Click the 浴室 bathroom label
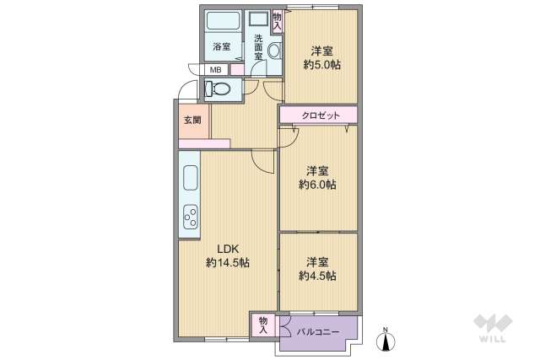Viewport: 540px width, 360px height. tap(221, 46)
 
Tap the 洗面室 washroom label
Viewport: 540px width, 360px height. tap(258, 47)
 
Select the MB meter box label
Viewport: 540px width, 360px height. tap(216, 70)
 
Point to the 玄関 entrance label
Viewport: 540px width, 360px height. tap(192, 121)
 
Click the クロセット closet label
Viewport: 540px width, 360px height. tap(319, 115)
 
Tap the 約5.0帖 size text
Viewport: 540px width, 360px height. tap(321, 64)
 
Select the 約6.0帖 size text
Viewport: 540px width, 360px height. tap(317, 184)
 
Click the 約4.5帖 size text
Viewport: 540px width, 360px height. tap(317, 276)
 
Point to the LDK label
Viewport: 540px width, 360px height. tap(228, 249)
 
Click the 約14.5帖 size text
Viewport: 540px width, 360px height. tap(228, 263)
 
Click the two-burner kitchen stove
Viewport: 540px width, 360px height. tap(190, 217)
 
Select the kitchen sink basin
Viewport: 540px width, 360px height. tap(190, 179)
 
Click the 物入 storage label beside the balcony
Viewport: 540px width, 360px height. tap(263, 325)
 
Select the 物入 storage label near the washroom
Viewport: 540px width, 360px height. tap(278, 21)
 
